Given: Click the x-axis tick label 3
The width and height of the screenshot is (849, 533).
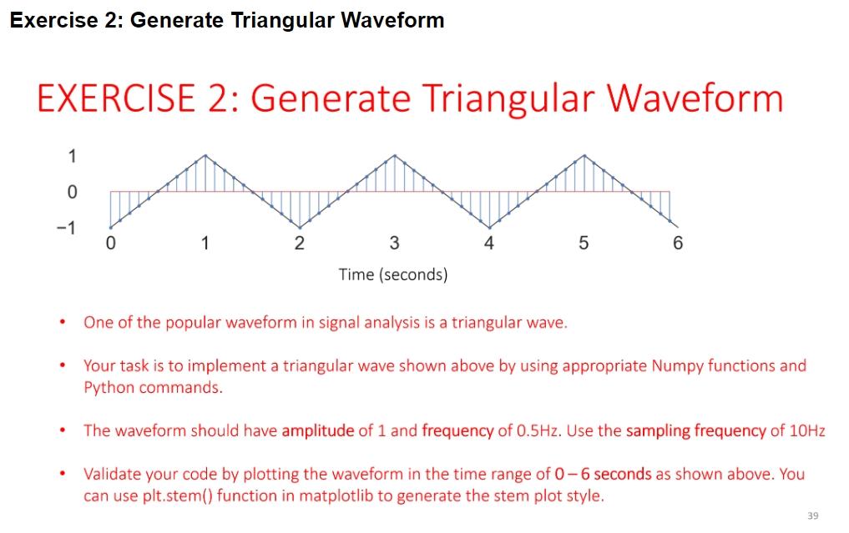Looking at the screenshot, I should click(394, 244).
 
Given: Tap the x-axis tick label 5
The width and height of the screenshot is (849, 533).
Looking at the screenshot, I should click(584, 244).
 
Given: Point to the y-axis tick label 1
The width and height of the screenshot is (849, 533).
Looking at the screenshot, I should click(72, 155).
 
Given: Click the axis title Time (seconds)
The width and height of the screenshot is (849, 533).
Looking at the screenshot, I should click(393, 274).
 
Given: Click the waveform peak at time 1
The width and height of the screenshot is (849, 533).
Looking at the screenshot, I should click(205, 155).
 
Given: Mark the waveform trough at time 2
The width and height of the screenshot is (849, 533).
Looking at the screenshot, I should click(300, 228).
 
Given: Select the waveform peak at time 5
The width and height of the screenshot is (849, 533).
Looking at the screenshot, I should click(584, 155).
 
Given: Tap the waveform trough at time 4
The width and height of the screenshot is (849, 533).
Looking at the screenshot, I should click(489, 228).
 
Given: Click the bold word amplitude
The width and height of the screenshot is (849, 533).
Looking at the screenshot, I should click(318, 430).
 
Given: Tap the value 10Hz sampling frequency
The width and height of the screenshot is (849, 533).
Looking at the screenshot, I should click(806, 430).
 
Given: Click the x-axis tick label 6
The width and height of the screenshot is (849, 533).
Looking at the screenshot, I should click(677, 244).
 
